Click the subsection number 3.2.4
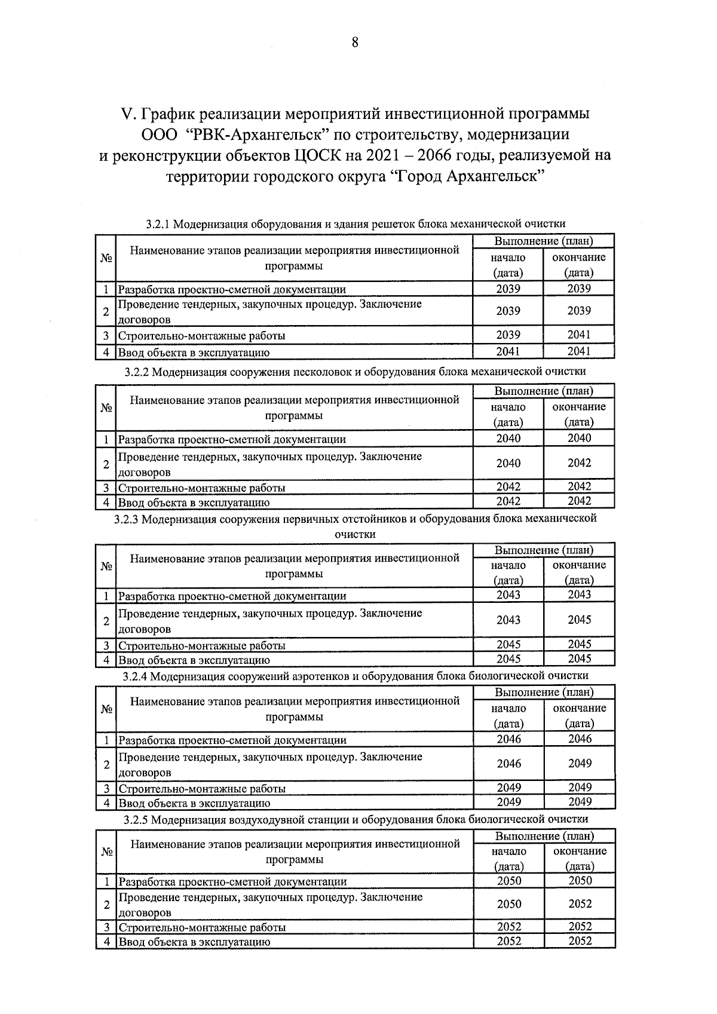click(x=135, y=676)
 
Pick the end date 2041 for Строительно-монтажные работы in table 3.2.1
click(x=578, y=335)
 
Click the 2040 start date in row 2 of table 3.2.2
click(x=508, y=463)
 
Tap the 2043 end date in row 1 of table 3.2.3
click(x=579, y=595)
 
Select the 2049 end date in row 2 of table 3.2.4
click(x=580, y=763)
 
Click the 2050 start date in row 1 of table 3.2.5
click(x=508, y=881)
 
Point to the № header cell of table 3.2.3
click(x=106, y=566)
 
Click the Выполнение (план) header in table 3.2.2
click(x=543, y=391)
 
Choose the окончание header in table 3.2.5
click(x=580, y=851)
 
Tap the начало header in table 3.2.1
click(x=508, y=258)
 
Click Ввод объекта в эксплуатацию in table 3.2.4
click(x=194, y=803)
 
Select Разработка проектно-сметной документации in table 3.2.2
click(x=232, y=439)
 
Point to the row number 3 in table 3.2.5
click(x=106, y=927)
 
